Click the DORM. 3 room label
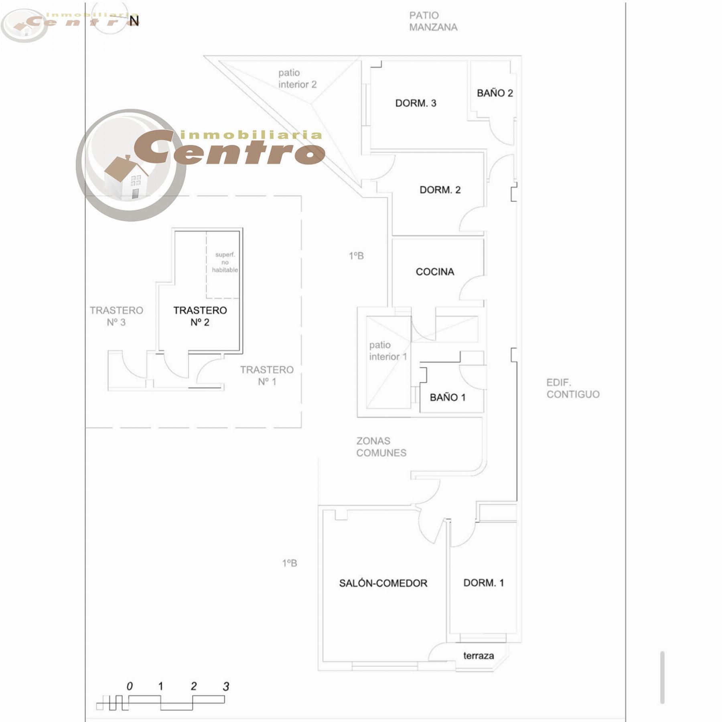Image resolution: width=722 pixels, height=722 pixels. point(416,103)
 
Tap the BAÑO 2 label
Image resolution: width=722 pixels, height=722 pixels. point(495,93)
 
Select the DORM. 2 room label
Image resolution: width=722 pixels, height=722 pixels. point(440,190)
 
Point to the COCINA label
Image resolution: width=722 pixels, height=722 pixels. point(435,272)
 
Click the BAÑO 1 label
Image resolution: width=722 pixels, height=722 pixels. point(448,397)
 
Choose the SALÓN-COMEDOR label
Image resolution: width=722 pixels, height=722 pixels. point(383,583)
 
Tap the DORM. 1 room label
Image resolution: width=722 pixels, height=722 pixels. point(483,583)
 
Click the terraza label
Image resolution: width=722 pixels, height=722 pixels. point(479,656)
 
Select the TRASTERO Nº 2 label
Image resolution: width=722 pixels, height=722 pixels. point(200,316)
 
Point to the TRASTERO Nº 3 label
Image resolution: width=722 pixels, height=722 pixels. point(116,316)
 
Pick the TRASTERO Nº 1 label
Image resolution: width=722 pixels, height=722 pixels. point(267,375)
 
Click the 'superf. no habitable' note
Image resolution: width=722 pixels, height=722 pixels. point(225,262)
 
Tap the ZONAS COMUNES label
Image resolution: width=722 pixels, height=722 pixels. point(381,447)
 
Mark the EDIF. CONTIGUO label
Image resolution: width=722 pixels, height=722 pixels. point(573,388)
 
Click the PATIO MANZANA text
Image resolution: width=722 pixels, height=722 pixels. point(433,21)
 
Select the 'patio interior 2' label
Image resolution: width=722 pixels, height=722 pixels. point(297,79)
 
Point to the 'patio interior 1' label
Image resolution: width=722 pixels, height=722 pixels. point(388,351)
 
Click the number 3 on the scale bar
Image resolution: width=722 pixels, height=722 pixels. point(226,687)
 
